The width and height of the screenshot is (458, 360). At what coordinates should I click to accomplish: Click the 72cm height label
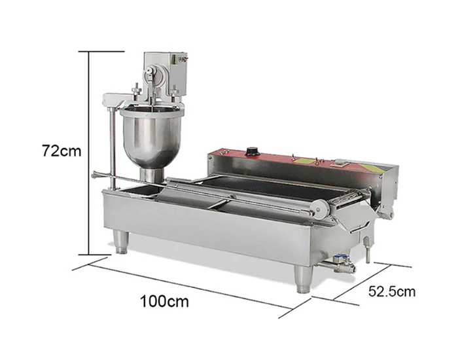click(62, 151)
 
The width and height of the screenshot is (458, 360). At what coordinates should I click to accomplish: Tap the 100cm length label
click(164, 301)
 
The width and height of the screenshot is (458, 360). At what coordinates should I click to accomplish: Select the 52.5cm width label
click(392, 291)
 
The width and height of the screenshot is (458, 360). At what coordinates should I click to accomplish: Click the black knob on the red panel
click(251, 151)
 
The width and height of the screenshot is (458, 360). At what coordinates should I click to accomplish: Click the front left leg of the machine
click(120, 242)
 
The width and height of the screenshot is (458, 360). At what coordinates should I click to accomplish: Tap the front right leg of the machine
click(303, 278)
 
